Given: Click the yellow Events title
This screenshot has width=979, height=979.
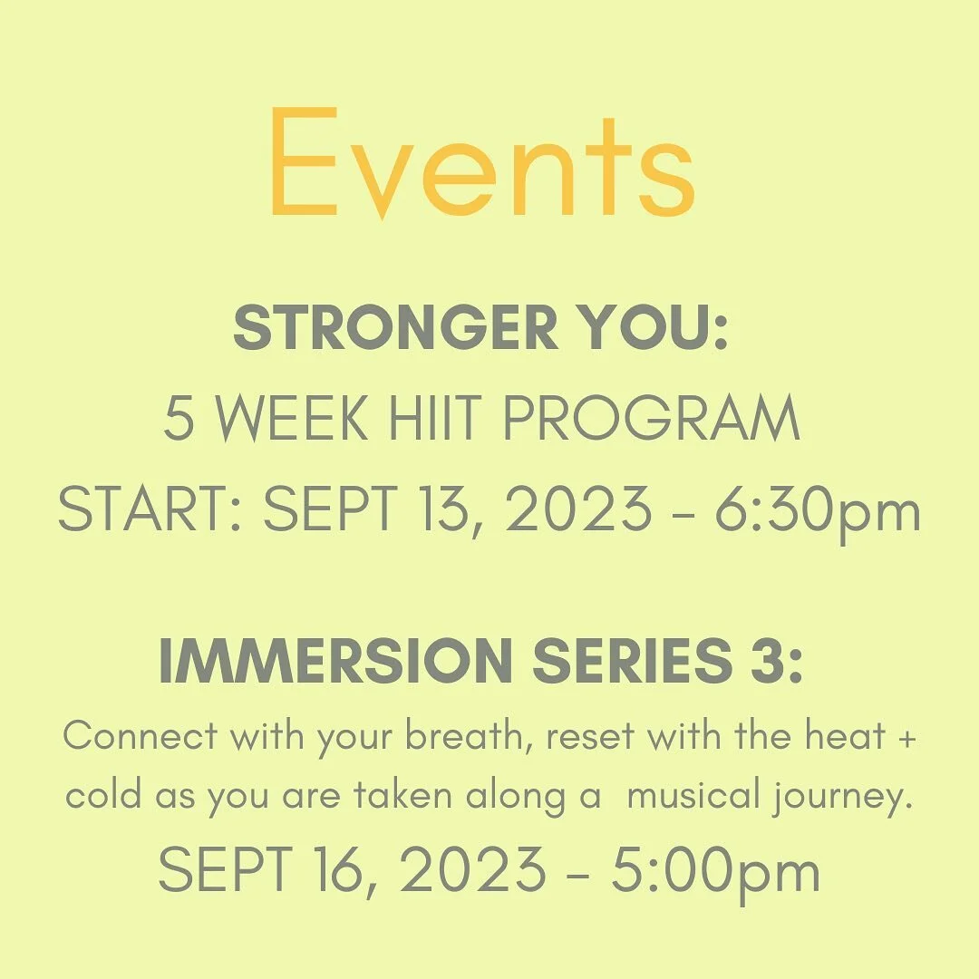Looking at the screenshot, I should pos(482,164).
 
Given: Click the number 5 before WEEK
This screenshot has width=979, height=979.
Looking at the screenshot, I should pos(178,419).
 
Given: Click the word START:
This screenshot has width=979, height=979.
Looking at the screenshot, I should pos(151,511).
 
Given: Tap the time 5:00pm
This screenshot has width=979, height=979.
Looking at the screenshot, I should pos(715,872).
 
